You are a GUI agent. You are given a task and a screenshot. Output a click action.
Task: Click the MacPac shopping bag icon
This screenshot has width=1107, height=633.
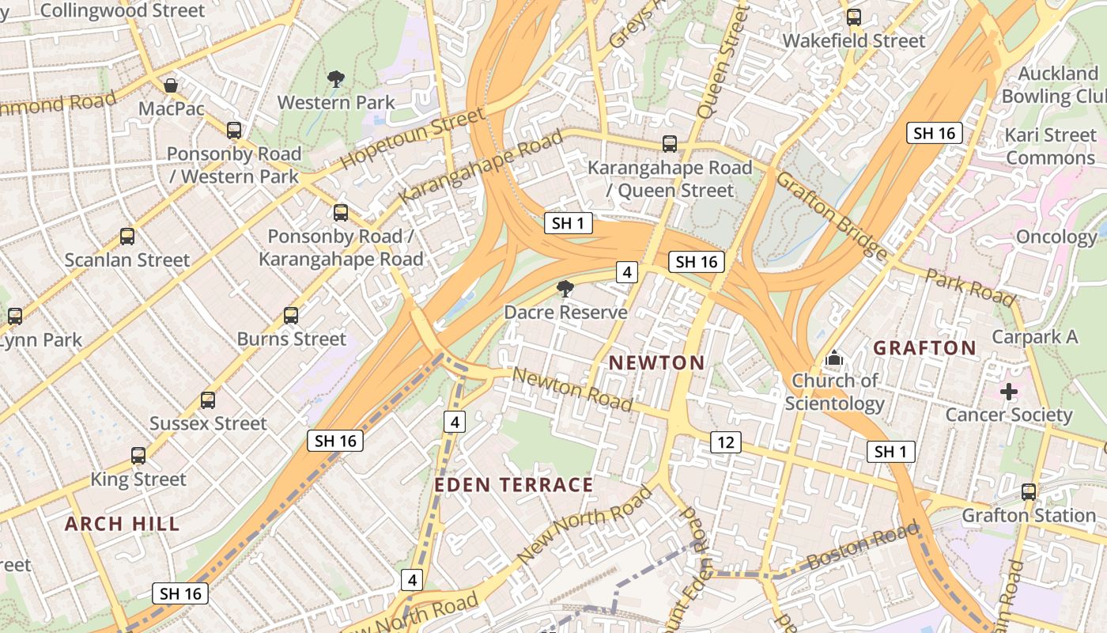pos(171,85)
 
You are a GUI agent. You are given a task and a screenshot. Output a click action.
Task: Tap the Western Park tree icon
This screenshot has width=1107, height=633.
pos(336,78)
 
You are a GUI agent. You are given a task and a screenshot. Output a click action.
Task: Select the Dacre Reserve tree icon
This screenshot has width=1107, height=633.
pos(565,289)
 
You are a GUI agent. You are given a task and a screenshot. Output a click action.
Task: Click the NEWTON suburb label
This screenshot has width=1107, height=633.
pos(656,363)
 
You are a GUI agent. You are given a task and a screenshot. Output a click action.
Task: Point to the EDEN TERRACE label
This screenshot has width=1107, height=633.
pos(514,485)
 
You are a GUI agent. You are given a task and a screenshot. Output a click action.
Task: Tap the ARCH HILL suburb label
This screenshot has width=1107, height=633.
pos(123,524)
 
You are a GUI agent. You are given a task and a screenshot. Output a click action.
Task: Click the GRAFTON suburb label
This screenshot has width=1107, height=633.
pos(924,348)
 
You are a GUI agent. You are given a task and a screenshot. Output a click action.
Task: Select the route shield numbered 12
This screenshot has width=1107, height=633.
pos(726,442)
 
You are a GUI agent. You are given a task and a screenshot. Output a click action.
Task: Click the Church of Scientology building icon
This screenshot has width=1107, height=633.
pos(834,358)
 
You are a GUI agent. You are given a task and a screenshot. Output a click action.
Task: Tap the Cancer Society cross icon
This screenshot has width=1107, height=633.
pos(1009,392)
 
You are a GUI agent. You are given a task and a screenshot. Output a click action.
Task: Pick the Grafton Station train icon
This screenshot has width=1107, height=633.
pos(1029,491)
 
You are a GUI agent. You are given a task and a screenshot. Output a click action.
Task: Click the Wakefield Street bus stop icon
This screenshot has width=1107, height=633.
pos(854,17)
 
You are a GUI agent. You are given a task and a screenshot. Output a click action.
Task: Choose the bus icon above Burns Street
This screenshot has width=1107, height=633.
pos(291,316)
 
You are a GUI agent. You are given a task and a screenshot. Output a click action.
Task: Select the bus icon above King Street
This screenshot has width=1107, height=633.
pos(138,456)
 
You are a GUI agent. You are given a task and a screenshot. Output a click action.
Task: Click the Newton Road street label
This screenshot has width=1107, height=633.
pos(572,389)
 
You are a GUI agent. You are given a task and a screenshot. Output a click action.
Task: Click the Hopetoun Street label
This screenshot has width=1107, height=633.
pos(412,138)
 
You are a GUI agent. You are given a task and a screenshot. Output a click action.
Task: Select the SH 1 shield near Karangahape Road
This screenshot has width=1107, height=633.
pos(569,223)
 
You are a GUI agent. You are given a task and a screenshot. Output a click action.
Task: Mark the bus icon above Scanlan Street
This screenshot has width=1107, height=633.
pos(127,236)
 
